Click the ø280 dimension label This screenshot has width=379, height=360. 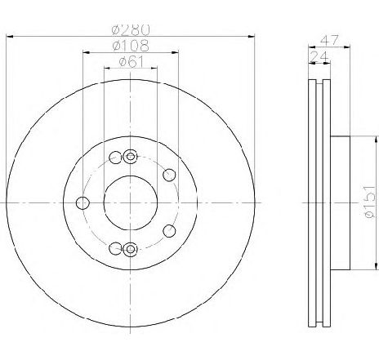pos(131,30)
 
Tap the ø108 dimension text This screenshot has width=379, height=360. pos(131,46)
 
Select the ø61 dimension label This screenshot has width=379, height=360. pos(131,62)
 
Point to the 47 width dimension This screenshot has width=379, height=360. pos(330,40)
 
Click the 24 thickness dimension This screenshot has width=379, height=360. pos(319,56)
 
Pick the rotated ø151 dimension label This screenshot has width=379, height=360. pos(370,202)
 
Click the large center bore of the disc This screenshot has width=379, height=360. pos(131,202)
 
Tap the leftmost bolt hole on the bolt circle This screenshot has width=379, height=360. pos(82,203)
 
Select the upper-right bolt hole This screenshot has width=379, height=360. pos(169,175)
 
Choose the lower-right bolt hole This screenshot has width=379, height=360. pos(169,231)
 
